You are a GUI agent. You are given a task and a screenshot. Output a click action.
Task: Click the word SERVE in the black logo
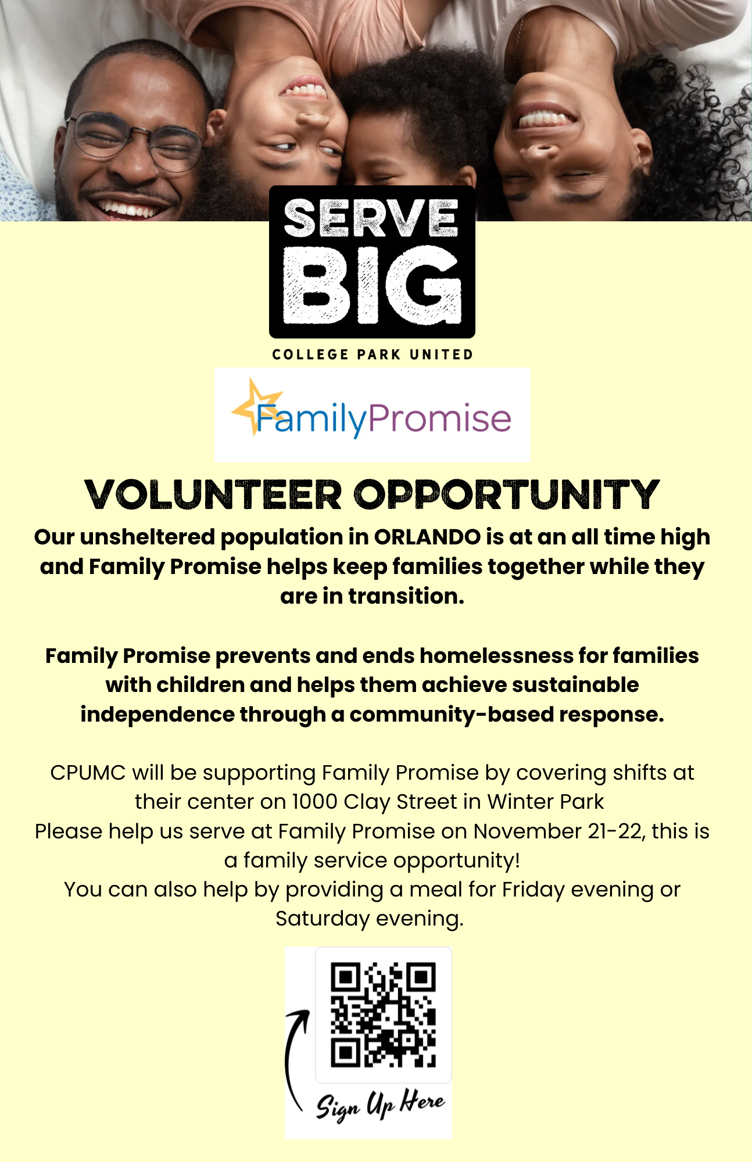tap(371, 218)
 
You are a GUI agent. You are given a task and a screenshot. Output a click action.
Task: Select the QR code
tap(383, 1015)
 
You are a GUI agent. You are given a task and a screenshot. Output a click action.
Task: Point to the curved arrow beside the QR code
tap(289, 1057)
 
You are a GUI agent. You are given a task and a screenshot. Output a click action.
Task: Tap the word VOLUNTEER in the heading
tap(213, 495)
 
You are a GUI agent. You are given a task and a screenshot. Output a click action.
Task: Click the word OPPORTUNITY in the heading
tap(507, 495)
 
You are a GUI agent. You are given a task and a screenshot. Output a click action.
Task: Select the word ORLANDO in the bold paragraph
tap(427, 537)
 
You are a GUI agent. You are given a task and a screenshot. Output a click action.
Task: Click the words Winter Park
tap(546, 802)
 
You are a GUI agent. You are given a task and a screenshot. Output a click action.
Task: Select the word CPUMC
tap(88, 773)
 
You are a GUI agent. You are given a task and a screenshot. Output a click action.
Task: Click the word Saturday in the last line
tap(323, 919)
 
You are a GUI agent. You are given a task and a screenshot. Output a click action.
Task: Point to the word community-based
tap(451, 715)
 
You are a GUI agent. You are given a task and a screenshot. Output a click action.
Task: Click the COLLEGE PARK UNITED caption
tap(373, 354)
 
